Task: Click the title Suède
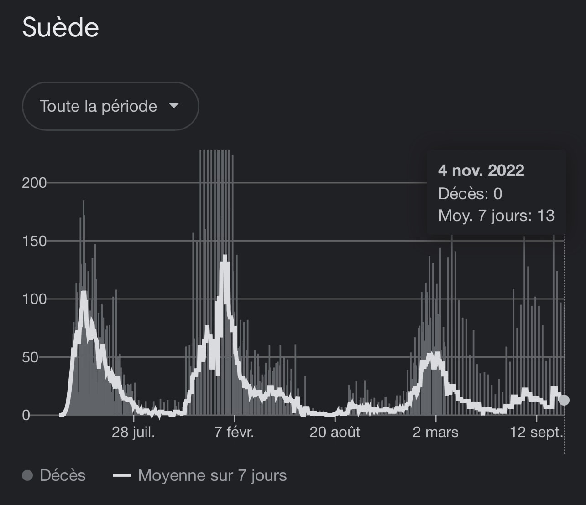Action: click(x=61, y=27)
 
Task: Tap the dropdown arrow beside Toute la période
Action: click(x=173, y=106)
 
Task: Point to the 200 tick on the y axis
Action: click(x=34, y=183)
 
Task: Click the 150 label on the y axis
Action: click(x=34, y=241)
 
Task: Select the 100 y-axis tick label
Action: click(x=34, y=299)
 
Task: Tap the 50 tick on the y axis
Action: click(x=30, y=357)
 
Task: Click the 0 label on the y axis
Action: click(x=26, y=415)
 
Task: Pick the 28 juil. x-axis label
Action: click(x=133, y=432)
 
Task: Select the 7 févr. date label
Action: click(x=234, y=432)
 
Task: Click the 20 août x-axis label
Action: click(x=335, y=432)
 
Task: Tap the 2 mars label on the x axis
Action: click(x=435, y=432)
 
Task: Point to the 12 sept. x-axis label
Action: click(x=536, y=432)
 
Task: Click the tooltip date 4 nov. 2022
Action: click(x=481, y=170)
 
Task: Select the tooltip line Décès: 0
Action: click(x=470, y=194)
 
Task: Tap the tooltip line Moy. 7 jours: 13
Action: click(x=496, y=215)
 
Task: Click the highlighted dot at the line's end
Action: click(x=564, y=400)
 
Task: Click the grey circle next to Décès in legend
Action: click(x=28, y=476)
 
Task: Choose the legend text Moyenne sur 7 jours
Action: click(x=212, y=475)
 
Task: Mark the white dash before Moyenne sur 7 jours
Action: click(x=122, y=476)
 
